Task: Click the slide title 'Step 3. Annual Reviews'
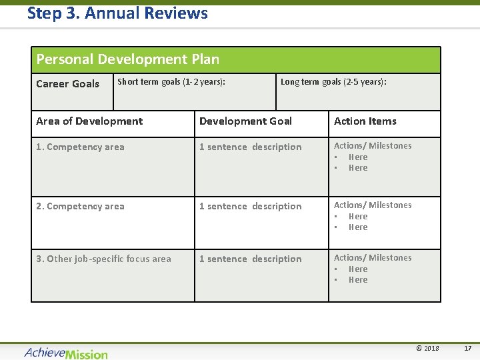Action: click(x=117, y=13)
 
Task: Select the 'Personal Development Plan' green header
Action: click(x=127, y=59)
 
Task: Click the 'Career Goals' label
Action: click(x=67, y=84)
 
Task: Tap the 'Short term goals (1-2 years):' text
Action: click(x=171, y=82)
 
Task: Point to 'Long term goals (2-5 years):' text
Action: click(x=333, y=82)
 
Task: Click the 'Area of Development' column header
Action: click(x=89, y=121)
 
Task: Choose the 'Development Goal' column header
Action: click(x=245, y=121)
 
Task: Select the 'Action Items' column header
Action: click(x=365, y=121)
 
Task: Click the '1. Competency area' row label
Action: click(x=80, y=147)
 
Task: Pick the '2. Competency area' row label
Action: click(x=80, y=206)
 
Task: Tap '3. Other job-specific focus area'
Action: click(x=103, y=259)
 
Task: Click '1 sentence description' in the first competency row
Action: click(x=250, y=147)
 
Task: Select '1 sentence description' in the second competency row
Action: click(x=250, y=206)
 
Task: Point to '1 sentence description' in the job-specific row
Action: click(x=250, y=259)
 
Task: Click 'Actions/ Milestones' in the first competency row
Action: click(x=373, y=146)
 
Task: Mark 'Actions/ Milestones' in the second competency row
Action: click(x=373, y=205)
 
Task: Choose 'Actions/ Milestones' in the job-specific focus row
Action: click(x=373, y=258)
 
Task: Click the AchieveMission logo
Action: click(x=66, y=353)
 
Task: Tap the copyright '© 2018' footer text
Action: click(x=427, y=349)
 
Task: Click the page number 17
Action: click(x=467, y=349)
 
